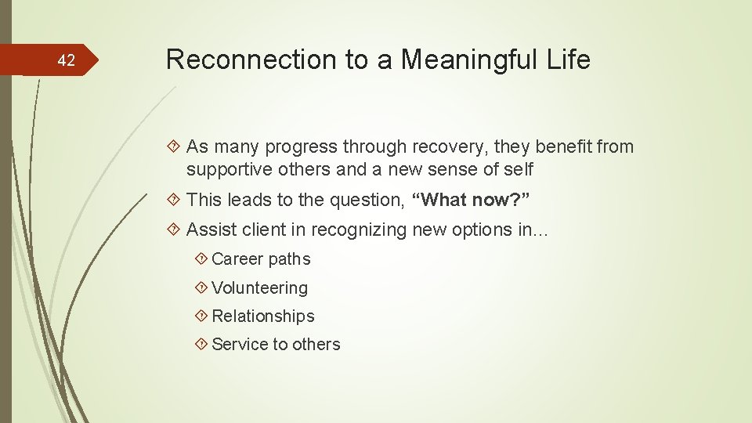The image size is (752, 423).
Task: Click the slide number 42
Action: click(x=67, y=60)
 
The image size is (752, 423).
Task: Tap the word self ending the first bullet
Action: click(x=518, y=169)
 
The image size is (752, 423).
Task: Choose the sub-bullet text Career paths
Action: click(x=261, y=259)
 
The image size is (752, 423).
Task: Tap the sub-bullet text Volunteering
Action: click(x=259, y=288)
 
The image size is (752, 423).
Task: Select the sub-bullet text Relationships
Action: click(x=262, y=316)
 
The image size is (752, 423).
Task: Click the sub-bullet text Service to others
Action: click(x=276, y=345)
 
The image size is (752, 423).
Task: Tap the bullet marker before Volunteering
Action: click(x=201, y=288)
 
